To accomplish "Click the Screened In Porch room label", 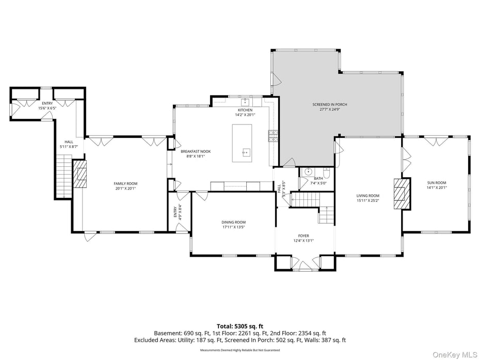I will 329,105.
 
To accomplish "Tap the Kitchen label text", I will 245,110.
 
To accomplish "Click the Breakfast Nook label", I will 195,151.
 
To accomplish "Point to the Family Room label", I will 125,183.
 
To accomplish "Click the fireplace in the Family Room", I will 79,174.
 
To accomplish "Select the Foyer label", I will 303,236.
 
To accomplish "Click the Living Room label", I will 367,196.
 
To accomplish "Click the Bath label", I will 318,178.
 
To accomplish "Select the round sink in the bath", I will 308,172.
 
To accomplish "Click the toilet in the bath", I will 327,173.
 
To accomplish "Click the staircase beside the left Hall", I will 62,179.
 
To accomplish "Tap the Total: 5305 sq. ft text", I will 240,326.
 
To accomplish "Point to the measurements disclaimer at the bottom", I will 240,350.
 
